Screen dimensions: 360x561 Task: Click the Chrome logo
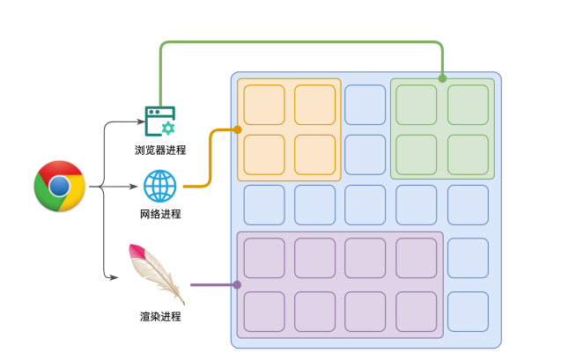tap(59, 186)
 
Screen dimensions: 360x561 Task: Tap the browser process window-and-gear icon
tap(160, 121)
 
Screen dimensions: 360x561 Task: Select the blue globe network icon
tap(160, 186)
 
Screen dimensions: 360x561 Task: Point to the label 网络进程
tap(159, 214)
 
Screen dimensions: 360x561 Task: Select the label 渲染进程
tap(159, 316)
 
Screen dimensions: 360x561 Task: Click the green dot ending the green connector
tap(442, 78)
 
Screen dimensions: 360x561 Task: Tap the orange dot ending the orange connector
tap(238, 129)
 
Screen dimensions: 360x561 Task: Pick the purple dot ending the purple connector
tap(237, 284)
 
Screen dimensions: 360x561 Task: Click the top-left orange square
tap(264, 104)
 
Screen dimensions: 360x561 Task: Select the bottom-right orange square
tap(315, 154)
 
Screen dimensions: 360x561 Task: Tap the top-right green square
tap(468, 104)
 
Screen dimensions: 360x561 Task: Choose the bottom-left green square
tap(417, 154)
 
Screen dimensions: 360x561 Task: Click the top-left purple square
tap(264, 257)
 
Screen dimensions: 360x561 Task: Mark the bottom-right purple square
tap(417, 311)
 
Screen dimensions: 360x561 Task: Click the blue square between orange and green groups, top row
tap(365, 104)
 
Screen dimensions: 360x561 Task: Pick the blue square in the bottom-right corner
tap(468, 311)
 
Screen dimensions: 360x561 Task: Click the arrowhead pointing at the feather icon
tap(114, 278)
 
